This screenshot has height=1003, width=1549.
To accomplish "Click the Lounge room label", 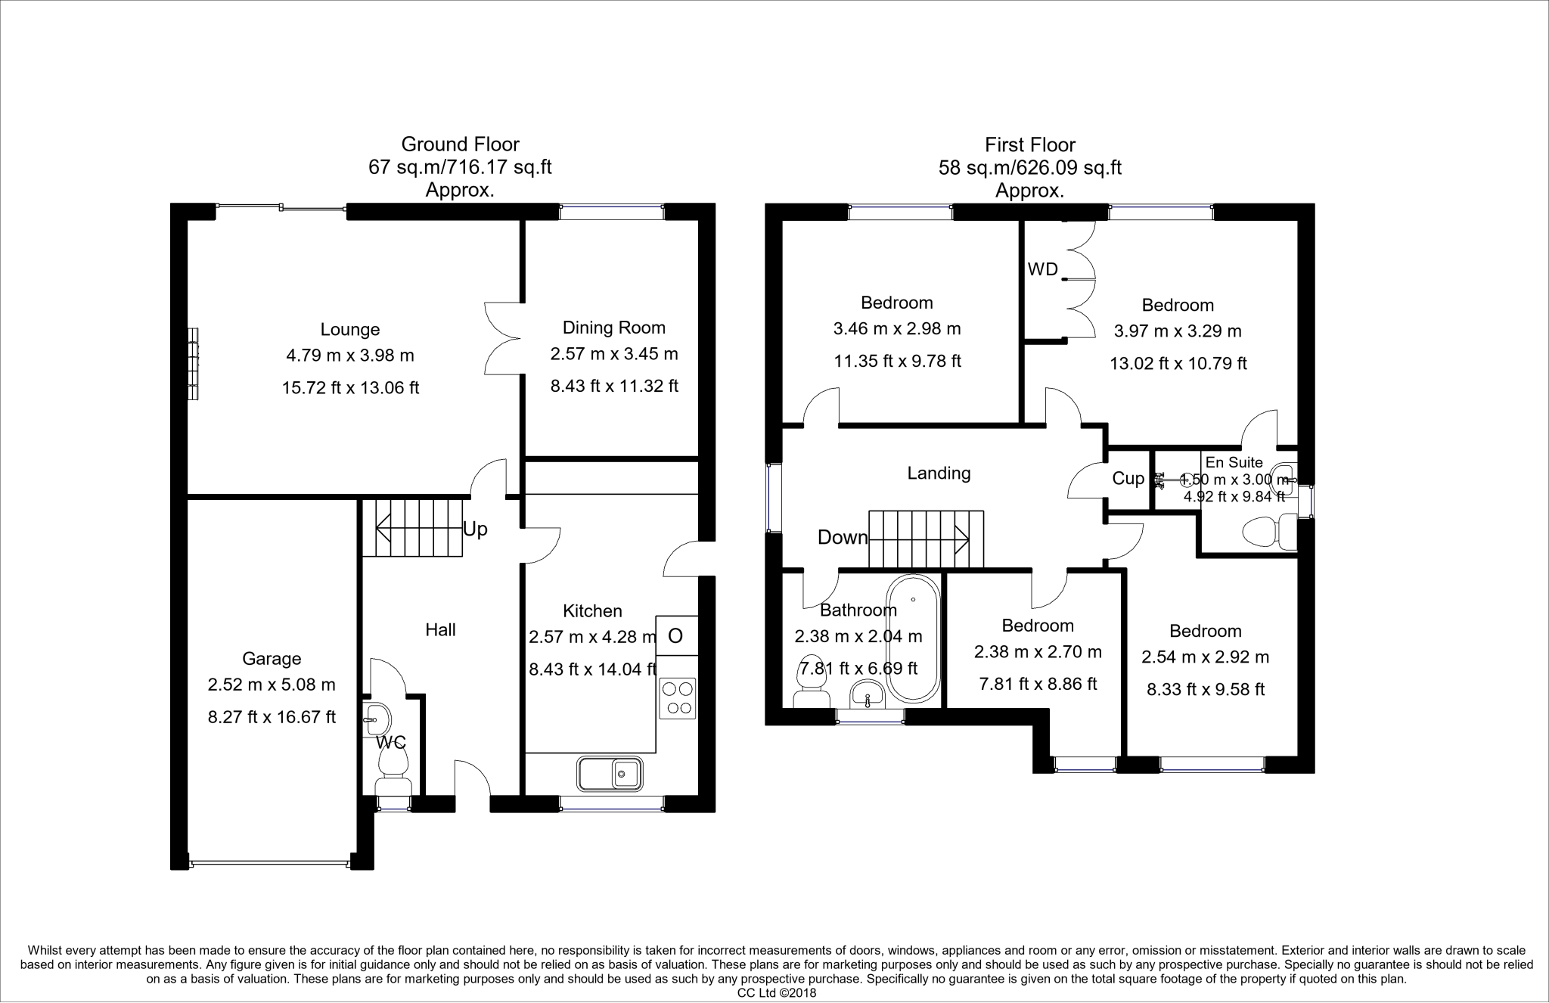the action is tap(349, 330).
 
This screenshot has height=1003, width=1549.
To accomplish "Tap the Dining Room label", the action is tap(614, 328).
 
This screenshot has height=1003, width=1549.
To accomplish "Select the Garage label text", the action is tap(272, 659).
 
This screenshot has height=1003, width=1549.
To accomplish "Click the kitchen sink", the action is tap(610, 774).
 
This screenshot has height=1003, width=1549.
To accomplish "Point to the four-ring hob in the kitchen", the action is tap(678, 698).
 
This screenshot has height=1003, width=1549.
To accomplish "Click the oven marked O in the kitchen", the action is tap(676, 636).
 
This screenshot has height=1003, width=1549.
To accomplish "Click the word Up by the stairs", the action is tap(475, 529).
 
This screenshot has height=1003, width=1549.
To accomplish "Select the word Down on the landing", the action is tap(843, 537).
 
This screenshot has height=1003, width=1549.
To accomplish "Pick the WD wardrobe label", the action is tap(1042, 269).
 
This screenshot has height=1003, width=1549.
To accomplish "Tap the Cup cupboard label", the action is tap(1128, 479).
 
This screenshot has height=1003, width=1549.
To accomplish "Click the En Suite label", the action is tap(1234, 462).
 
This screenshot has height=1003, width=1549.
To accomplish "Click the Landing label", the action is tap(939, 474).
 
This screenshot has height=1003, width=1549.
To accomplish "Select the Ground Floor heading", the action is tap(460, 144).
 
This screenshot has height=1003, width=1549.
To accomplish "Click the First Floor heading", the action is tap(1029, 144).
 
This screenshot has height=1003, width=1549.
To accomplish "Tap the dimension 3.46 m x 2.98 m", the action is tap(897, 329).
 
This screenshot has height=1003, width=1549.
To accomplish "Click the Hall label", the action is tap(440, 629).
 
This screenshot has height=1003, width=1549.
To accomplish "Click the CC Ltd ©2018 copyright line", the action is tap(777, 993).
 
